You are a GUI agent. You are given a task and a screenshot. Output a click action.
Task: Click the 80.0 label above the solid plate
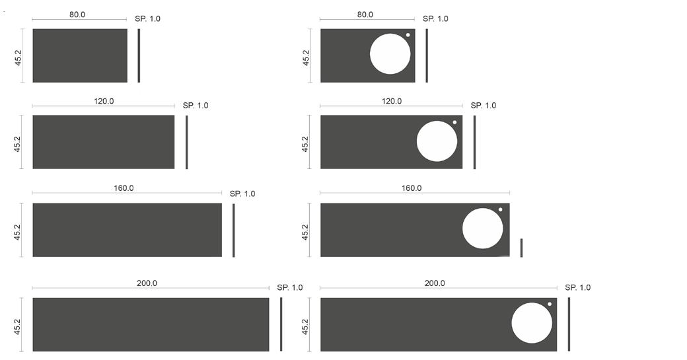pyautogui.click(x=77, y=15)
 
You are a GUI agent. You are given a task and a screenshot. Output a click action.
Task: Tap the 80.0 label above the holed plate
pyautogui.click(x=365, y=15)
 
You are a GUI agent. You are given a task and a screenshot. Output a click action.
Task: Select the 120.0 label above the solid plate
pyautogui.click(x=104, y=101)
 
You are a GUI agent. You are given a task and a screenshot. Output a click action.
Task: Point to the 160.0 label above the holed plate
pyautogui.click(x=412, y=188)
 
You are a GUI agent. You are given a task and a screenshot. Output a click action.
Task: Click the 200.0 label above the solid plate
pyautogui.click(x=147, y=283)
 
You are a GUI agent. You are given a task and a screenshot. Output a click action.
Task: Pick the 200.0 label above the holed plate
pyautogui.click(x=435, y=283)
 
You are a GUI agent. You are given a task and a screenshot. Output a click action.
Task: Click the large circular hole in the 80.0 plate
pyautogui.click(x=390, y=54)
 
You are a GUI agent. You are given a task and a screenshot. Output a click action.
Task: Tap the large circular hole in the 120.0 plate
pyautogui.click(x=437, y=141)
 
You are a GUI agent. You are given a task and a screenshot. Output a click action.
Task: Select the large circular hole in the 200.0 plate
pyautogui.click(x=532, y=323)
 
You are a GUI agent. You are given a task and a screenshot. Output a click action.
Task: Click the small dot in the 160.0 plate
pyautogui.click(x=500, y=210)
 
